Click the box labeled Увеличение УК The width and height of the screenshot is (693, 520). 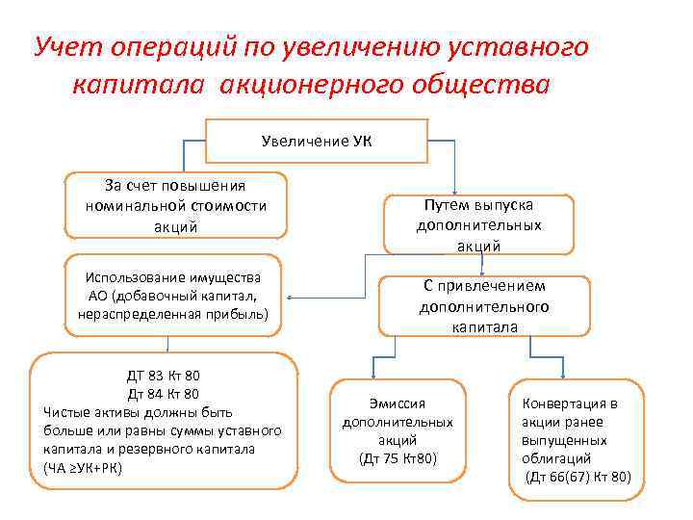coord(318,142)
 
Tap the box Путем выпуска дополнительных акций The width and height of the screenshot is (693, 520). coord(478,225)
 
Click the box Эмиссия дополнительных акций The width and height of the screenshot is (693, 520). coord(397,429)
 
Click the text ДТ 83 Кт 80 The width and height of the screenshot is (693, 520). coord(163,376)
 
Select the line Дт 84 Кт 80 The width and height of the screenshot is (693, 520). coord(163,393)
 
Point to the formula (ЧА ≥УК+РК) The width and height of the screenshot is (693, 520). coord(84,467)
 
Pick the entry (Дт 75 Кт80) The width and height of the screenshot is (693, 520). coord(397,456)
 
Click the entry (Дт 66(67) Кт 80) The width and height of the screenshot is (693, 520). coord(578,476)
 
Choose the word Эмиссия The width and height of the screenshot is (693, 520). coord(397,403)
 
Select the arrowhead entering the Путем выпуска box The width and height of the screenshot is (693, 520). coord(455,193)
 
